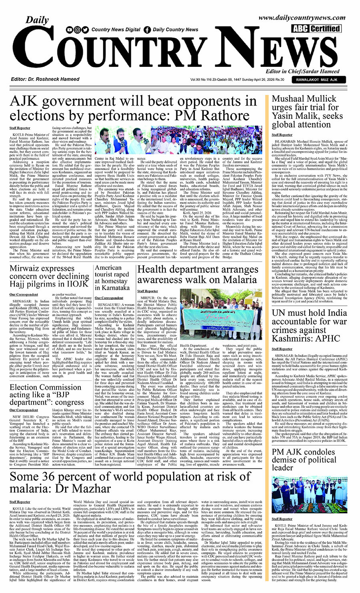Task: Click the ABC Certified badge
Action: tap(316, 28)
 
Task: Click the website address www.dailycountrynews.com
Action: tap(302, 18)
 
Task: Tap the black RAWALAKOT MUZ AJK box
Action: tap(316, 80)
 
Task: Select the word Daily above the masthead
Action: tap(37, 20)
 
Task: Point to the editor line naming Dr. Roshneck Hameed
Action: tap(45, 79)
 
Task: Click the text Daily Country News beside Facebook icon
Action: tap(175, 30)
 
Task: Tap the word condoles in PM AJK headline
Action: tap(318, 452)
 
